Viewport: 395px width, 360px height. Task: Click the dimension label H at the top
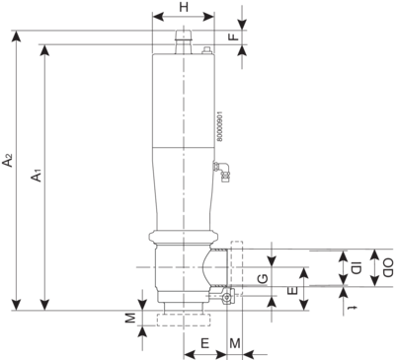[184, 7]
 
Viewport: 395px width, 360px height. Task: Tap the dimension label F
[234, 36]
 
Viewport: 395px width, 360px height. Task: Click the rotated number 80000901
[220, 126]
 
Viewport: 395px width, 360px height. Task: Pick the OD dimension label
[388, 267]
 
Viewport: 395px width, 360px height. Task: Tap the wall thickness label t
[354, 308]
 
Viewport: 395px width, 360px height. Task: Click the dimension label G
[263, 280]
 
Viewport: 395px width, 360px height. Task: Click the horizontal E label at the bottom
[205, 344]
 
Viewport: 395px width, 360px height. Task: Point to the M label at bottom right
[235, 344]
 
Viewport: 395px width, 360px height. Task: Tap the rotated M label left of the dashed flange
[130, 318]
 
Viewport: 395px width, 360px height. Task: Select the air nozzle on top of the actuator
[184, 42]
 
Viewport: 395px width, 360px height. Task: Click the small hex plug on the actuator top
[206, 50]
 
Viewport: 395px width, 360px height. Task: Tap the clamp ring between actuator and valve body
[183, 237]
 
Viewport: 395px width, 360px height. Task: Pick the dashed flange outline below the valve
[184, 320]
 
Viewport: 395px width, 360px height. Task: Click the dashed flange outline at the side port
[237, 268]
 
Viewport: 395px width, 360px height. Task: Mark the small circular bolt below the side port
[227, 298]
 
